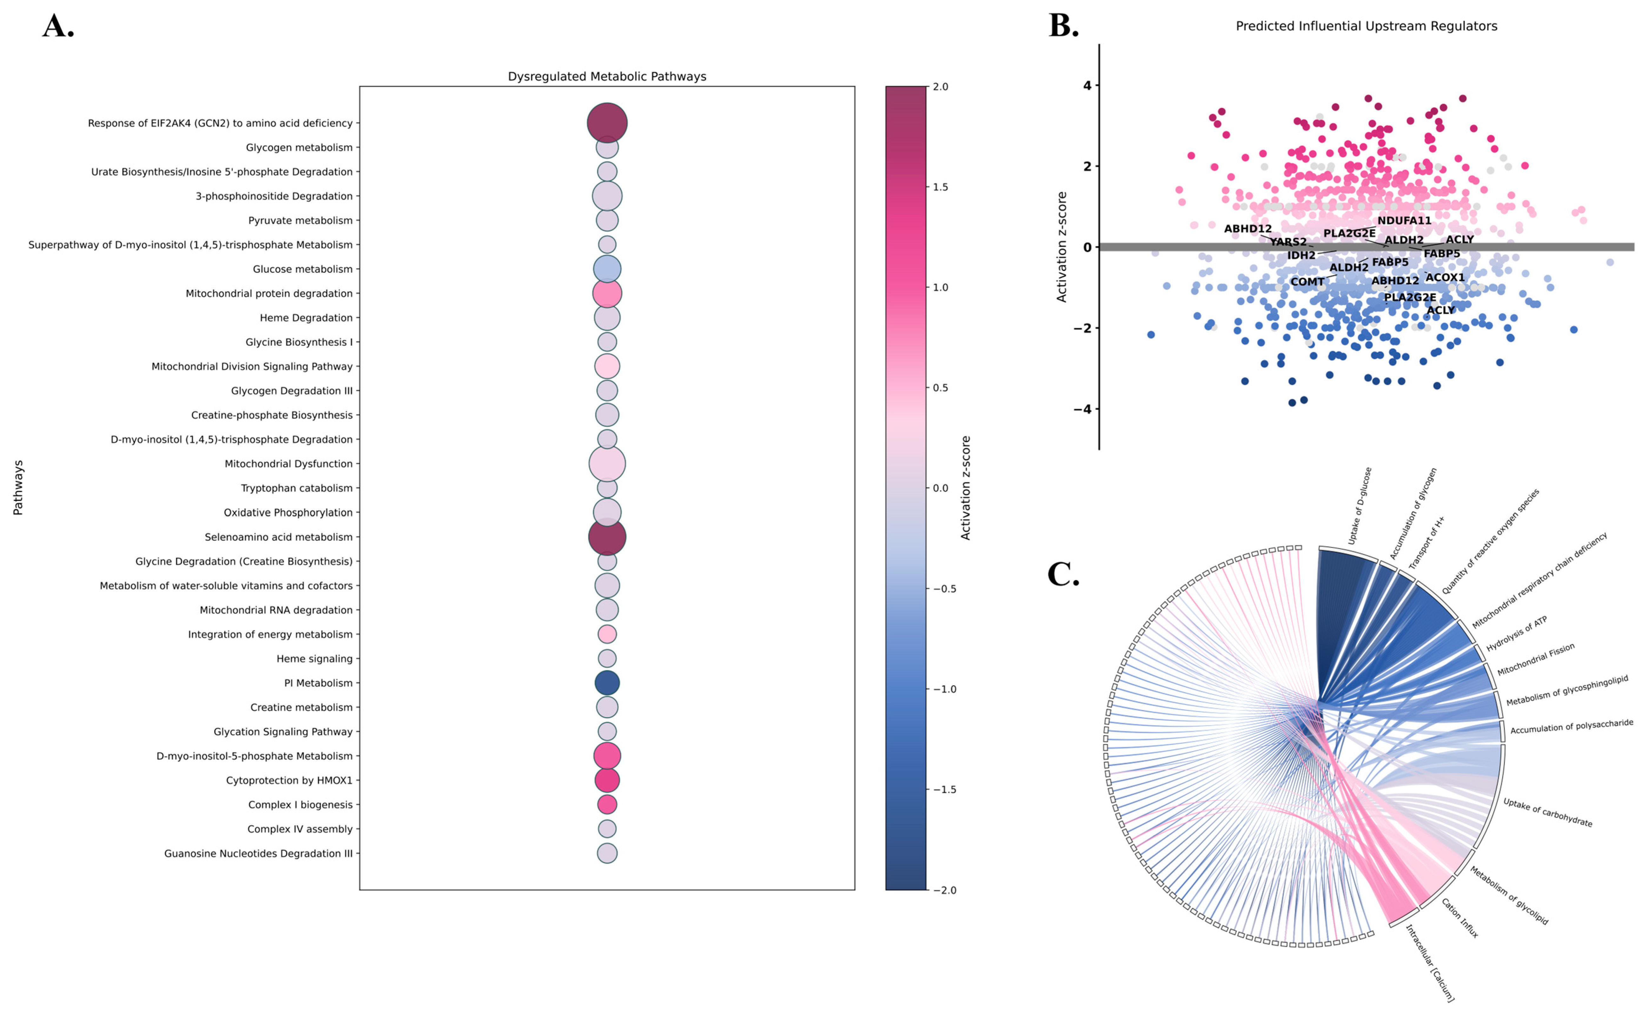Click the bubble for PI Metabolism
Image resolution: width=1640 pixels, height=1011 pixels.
coord(607,683)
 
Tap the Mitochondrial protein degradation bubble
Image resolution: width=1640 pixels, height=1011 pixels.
coord(607,293)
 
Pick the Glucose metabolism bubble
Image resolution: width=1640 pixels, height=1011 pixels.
coord(607,269)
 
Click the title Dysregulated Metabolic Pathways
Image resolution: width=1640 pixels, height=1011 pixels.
coord(607,76)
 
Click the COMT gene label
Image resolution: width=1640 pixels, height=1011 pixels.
coord(1306,282)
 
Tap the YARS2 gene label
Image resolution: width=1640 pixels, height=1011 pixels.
coord(1288,242)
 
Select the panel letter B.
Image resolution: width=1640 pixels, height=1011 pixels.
coord(1063,26)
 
